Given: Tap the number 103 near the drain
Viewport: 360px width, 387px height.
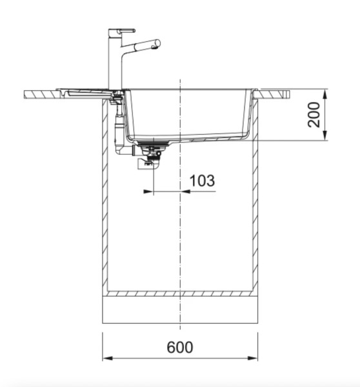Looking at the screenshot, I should pyautogui.click(x=203, y=181).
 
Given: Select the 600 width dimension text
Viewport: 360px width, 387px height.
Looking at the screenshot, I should pyautogui.click(x=180, y=347).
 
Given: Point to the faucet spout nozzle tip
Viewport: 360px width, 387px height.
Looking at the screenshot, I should pyautogui.click(x=156, y=44).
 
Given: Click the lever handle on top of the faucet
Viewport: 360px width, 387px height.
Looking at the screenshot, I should pyautogui.click(x=123, y=30).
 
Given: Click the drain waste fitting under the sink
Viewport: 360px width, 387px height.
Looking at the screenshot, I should pyautogui.click(x=153, y=155).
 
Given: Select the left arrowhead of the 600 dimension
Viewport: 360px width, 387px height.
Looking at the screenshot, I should pyautogui.click(x=107, y=359).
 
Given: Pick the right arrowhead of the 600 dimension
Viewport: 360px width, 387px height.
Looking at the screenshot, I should pyautogui.click(x=254, y=359).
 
